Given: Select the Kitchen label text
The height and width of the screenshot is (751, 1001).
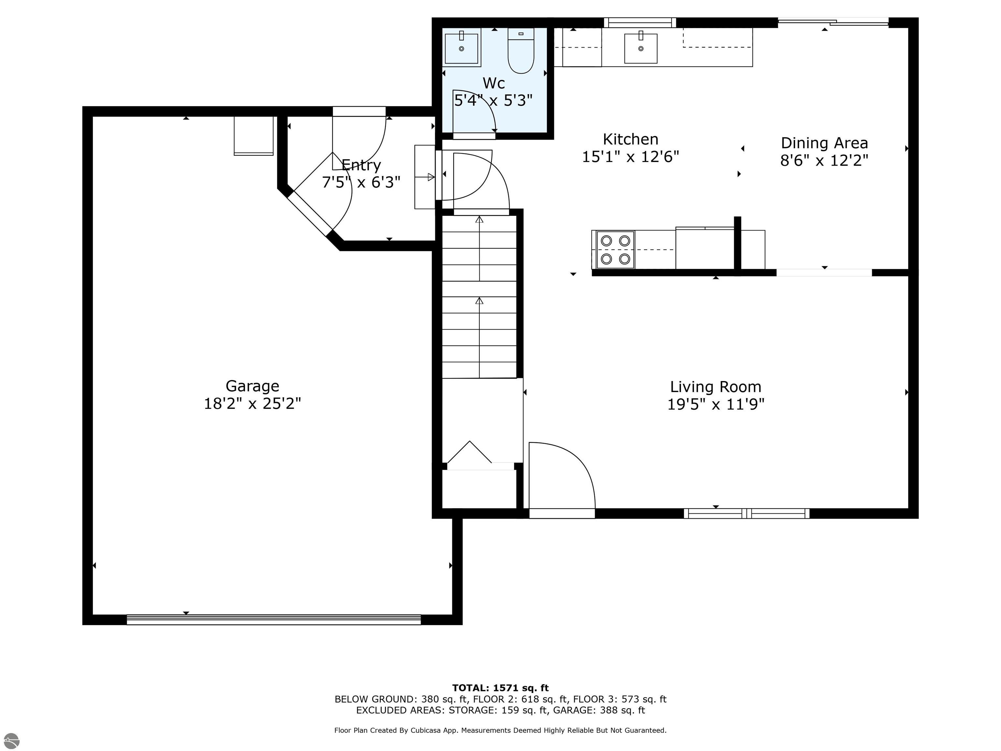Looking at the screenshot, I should click(x=631, y=139).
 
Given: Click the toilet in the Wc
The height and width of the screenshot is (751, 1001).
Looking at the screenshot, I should click(x=521, y=51).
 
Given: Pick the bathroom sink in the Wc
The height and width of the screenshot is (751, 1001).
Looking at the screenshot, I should click(x=461, y=48).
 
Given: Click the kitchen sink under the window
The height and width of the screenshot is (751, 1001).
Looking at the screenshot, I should click(x=640, y=48).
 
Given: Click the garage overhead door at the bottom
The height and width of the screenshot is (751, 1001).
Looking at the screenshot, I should click(x=273, y=619).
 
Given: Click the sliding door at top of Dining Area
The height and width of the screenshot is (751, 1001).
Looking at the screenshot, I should click(x=833, y=21).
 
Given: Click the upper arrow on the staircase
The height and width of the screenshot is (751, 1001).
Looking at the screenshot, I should click(x=479, y=220).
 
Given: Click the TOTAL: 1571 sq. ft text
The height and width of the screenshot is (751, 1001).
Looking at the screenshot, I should click(x=500, y=688).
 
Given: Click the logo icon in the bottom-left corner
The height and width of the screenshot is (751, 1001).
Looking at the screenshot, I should click(x=11, y=741).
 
